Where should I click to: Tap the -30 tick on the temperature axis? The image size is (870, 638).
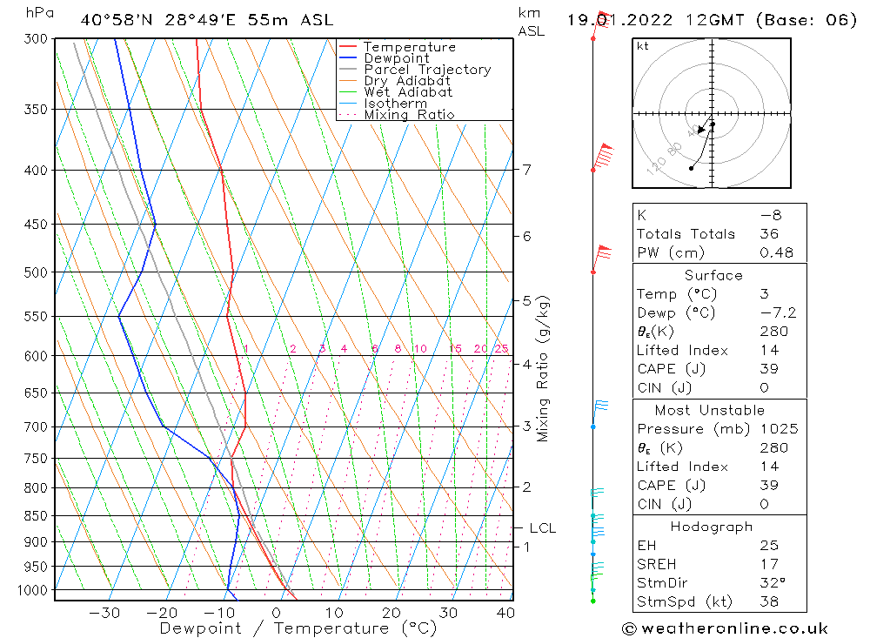pyautogui.click(x=104, y=613)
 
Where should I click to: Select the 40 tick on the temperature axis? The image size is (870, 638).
pyautogui.click(x=505, y=613)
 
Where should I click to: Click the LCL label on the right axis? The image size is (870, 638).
pyautogui.click(x=542, y=527)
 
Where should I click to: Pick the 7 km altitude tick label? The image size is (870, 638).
pyautogui.click(x=527, y=169)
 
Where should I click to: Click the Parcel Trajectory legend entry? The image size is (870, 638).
pyautogui.click(x=426, y=70)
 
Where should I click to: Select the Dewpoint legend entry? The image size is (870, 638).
pyautogui.click(x=396, y=58)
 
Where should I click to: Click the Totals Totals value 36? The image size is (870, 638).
pyautogui.click(x=769, y=234)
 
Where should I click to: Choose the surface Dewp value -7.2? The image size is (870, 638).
pyautogui.click(x=777, y=313)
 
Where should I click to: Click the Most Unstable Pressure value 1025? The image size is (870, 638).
pyautogui.click(x=779, y=429)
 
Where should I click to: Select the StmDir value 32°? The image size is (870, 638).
pyautogui.click(x=772, y=583)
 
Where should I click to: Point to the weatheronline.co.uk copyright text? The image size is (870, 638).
pyautogui.click(x=726, y=628)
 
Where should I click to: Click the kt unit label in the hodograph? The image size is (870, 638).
pyautogui.click(x=643, y=46)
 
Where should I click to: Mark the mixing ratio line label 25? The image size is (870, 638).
pyautogui.click(x=501, y=349)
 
